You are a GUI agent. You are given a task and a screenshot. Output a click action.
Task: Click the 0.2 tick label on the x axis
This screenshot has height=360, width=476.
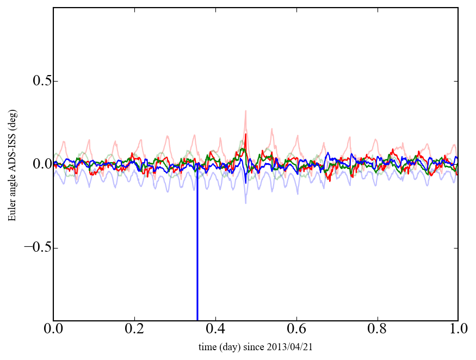[x=134, y=330]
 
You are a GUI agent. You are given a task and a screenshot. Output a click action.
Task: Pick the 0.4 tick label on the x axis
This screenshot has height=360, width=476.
[x=215, y=330]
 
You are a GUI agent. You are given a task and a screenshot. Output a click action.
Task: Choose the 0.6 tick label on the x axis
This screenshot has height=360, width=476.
[x=296, y=330]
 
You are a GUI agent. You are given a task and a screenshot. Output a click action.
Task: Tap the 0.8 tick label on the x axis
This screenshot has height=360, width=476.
[x=377, y=330]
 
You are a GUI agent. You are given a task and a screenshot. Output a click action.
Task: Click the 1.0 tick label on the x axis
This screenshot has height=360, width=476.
[x=458, y=330]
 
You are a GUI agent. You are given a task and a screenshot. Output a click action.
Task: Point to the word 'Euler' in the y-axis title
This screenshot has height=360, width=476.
[x=12, y=210]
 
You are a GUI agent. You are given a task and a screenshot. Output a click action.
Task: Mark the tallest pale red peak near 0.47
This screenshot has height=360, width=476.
[x=246, y=111]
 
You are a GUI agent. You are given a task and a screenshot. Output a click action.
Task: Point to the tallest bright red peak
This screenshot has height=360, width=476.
[x=246, y=134]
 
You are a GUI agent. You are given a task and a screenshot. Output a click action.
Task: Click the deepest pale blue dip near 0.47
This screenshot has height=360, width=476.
[x=246, y=202]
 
